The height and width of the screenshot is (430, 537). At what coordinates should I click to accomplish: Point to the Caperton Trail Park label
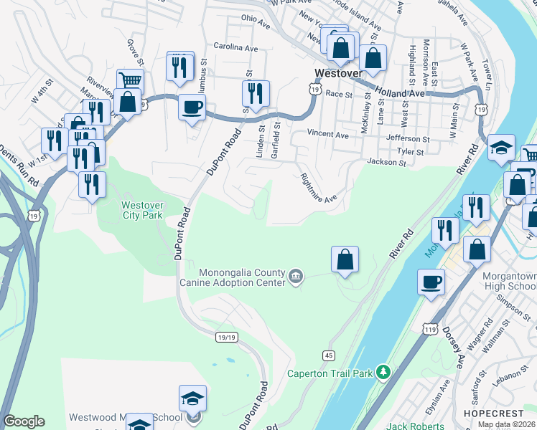(330, 373)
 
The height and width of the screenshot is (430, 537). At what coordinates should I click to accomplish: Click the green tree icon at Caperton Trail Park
(384, 372)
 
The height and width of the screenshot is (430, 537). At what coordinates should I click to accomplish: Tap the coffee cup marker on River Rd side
(431, 281)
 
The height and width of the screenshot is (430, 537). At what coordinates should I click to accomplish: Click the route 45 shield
(329, 355)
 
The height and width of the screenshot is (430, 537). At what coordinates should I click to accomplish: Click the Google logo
(24, 421)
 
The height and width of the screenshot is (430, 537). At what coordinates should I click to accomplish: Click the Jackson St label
(387, 163)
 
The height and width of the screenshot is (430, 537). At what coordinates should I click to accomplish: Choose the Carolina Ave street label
(235, 47)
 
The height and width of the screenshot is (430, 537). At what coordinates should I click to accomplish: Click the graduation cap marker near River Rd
(501, 148)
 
